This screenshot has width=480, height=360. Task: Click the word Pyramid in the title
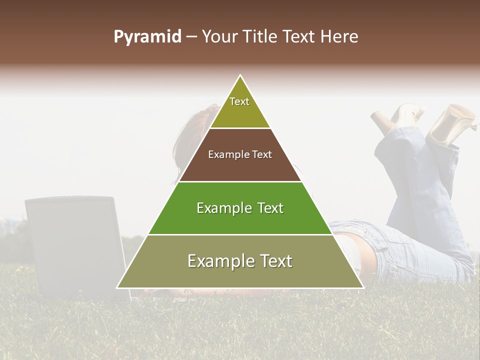tap(147, 37)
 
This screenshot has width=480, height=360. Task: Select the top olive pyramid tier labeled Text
tap(240, 107)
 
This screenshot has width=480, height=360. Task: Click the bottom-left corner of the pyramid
tap(118, 287)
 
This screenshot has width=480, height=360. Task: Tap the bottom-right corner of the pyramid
tap(362, 287)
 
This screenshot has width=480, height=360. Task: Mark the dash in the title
tap(191, 37)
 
